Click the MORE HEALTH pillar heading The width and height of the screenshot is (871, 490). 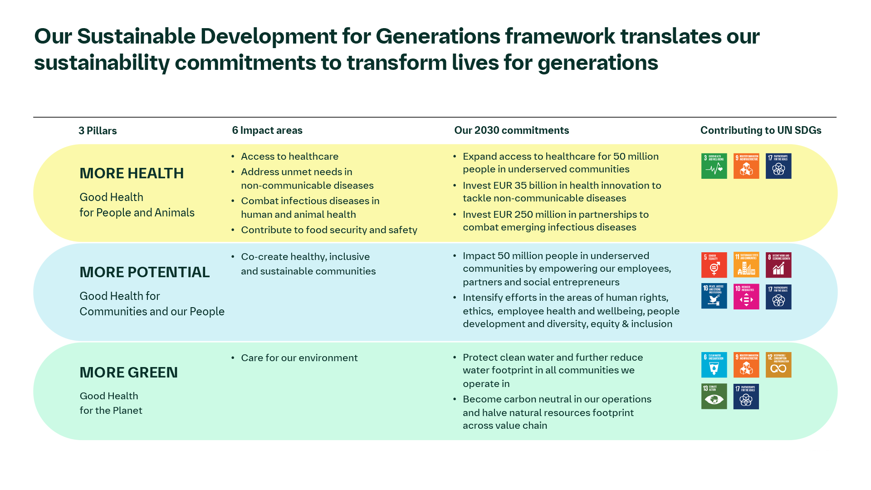[x=132, y=173]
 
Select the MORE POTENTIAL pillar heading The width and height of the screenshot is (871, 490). [x=144, y=272]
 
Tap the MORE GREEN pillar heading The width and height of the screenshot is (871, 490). [x=128, y=372]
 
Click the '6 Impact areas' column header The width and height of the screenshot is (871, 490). [x=267, y=131]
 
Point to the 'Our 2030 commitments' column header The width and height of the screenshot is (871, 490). [x=511, y=131]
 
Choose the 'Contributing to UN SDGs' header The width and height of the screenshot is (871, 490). [x=760, y=131]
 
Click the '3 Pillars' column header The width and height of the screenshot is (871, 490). [x=98, y=131]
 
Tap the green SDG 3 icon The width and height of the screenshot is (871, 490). [x=714, y=166]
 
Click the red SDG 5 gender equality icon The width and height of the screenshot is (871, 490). [x=714, y=265]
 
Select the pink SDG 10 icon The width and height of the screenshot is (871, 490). [x=746, y=296]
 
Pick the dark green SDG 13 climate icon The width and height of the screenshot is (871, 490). [x=714, y=396]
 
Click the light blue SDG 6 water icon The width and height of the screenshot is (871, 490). [x=714, y=365]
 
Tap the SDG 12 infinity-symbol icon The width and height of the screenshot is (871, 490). [x=778, y=365]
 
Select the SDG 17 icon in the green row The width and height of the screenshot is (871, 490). [x=746, y=396]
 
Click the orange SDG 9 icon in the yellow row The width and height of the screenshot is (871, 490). [x=746, y=166]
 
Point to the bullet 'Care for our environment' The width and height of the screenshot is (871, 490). [x=299, y=358]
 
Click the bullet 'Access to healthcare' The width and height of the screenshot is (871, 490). [x=289, y=157]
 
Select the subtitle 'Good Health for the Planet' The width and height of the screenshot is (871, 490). [x=111, y=403]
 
